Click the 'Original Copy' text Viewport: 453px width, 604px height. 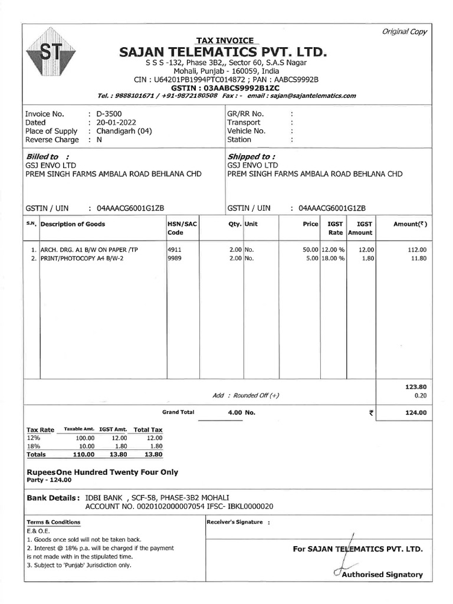(x=404, y=32)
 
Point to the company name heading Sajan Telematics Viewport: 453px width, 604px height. (x=222, y=52)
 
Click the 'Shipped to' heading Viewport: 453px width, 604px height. (x=251, y=156)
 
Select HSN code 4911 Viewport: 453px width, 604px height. (x=175, y=250)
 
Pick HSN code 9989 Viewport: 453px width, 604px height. (x=175, y=258)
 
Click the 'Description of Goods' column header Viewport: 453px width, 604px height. (x=73, y=224)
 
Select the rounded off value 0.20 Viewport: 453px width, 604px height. (x=420, y=395)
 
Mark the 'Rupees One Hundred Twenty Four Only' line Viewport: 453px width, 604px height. (x=103, y=472)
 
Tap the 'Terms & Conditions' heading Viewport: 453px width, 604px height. (x=54, y=522)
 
